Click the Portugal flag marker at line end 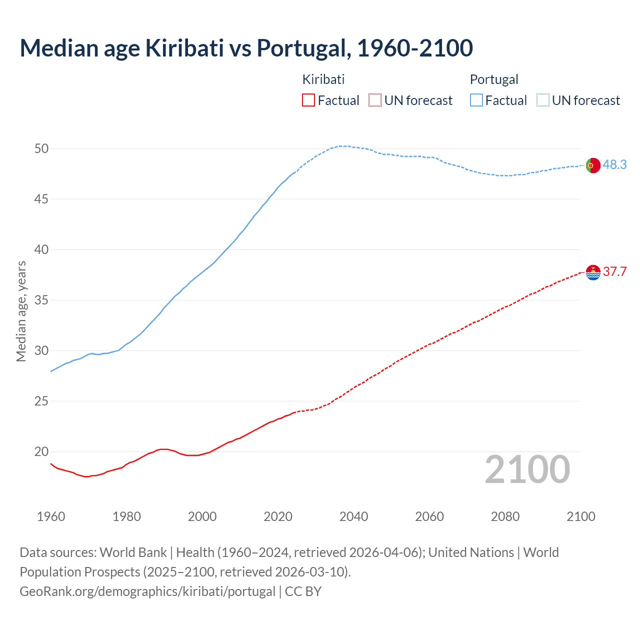pos(592,165)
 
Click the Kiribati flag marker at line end pos(592,272)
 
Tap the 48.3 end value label pos(614,164)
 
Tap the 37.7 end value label pos(614,271)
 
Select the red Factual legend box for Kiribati pos(308,100)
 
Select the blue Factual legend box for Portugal pos(476,100)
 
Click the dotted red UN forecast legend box pos(374,100)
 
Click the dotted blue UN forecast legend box pos(542,100)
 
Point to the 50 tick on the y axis pos(41,148)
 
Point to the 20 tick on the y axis pos(41,451)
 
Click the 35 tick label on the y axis pos(41,300)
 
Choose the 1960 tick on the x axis pos(51,516)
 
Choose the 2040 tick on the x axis pos(353,516)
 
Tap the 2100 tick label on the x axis pos(580,516)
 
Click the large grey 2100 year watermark pos(527,469)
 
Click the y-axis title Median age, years pos(21,311)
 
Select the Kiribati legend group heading pos(323,79)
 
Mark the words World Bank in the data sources pos(133,552)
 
